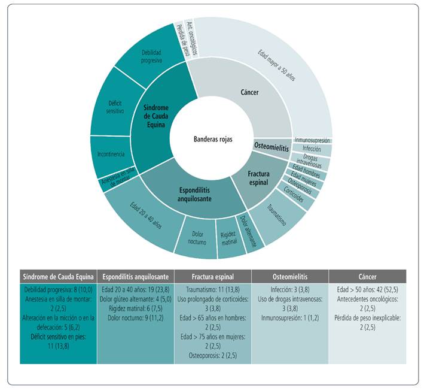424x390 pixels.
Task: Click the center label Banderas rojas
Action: coord(213,139)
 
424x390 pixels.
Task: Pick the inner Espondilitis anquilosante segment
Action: coord(196,193)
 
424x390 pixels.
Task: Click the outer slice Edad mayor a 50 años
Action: coord(281,63)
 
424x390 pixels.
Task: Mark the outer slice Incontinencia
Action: coord(109,155)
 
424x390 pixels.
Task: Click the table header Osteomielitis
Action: coord(289,277)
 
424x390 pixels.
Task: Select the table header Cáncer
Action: coord(367,277)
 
